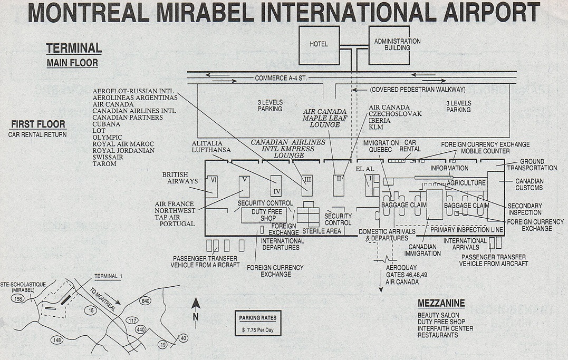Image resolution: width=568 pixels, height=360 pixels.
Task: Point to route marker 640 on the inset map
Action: (x=145, y=300)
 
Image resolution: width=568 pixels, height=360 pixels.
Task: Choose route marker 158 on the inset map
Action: (x=17, y=298)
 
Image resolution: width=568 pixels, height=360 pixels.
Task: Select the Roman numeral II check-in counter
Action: (x=339, y=185)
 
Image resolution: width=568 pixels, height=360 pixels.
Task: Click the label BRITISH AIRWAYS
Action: (x=180, y=178)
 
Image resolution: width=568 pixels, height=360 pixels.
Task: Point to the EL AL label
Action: (x=365, y=169)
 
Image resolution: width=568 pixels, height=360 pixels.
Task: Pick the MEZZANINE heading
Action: (x=441, y=304)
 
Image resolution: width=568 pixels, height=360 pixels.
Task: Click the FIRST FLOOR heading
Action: (x=38, y=124)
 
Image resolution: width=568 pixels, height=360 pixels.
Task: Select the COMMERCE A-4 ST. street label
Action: (x=281, y=78)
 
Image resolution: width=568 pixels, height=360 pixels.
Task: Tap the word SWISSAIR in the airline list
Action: (x=108, y=157)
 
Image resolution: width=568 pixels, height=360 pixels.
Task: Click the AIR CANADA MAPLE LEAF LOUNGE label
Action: (x=324, y=118)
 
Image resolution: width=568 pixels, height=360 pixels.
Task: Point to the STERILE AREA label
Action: (x=322, y=231)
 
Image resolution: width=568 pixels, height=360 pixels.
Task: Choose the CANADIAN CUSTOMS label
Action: (x=530, y=184)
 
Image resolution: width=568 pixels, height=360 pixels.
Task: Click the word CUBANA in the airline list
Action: (x=106, y=124)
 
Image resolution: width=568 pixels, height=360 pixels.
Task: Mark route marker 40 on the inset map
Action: (x=184, y=338)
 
